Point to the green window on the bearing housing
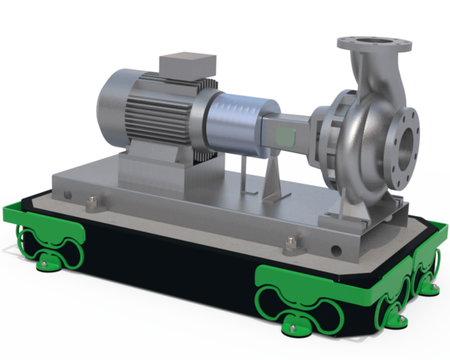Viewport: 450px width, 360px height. (x=283, y=136)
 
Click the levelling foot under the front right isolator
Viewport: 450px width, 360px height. (x=294, y=328)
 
